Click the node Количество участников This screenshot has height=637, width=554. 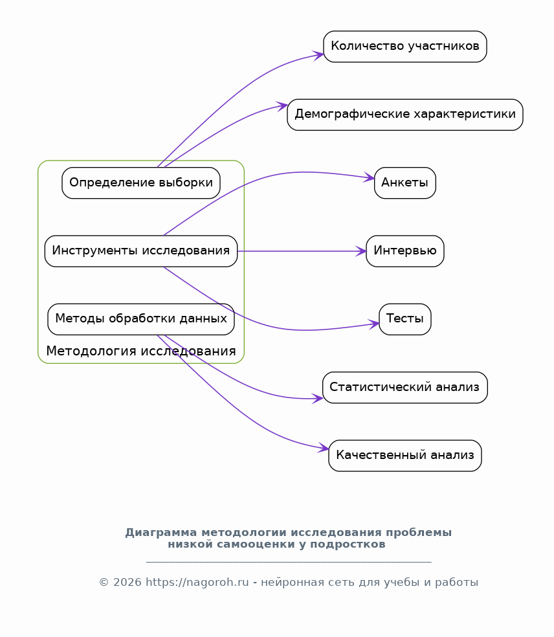(404, 47)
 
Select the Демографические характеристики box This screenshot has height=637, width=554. (404, 115)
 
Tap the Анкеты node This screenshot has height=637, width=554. (404, 183)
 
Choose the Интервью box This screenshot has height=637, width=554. (404, 251)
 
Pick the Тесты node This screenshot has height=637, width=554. (404, 319)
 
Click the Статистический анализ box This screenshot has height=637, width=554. (404, 388)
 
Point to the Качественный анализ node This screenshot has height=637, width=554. (404, 456)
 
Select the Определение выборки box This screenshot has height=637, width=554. (141, 183)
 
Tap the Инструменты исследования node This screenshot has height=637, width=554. (141, 251)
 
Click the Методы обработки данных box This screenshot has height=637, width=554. (141, 319)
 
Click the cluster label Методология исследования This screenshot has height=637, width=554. (141, 352)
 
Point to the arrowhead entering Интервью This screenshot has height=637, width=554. (362, 251)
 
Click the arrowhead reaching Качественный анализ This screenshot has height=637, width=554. (324, 448)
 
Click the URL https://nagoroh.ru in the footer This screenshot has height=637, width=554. (197, 582)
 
